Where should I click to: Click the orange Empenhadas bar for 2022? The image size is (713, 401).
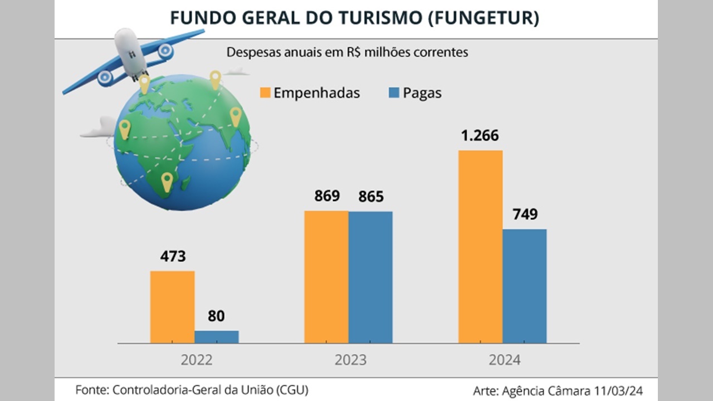(x=172, y=307)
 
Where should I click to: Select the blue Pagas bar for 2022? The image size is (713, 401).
(x=217, y=337)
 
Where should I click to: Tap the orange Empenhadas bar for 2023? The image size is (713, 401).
(x=326, y=277)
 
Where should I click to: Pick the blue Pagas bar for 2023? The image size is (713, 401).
(x=370, y=277)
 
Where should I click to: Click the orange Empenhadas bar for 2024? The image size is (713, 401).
(x=480, y=247)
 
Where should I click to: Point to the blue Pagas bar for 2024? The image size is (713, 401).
(x=524, y=286)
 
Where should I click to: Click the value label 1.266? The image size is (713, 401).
(x=480, y=136)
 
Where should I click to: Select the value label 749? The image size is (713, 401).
(x=524, y=214)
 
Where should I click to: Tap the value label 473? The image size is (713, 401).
(x=172, y=257)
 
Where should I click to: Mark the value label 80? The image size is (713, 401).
(x=216, y=316)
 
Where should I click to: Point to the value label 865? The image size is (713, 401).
(x=370, y=197)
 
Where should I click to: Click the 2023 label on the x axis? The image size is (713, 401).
(x=350, y=360)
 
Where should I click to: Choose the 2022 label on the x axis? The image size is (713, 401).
(x=197, y=360)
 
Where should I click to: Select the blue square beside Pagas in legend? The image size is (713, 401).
(x=394, y=92)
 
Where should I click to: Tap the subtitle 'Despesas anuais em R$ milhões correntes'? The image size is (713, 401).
(x=347, y=53)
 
